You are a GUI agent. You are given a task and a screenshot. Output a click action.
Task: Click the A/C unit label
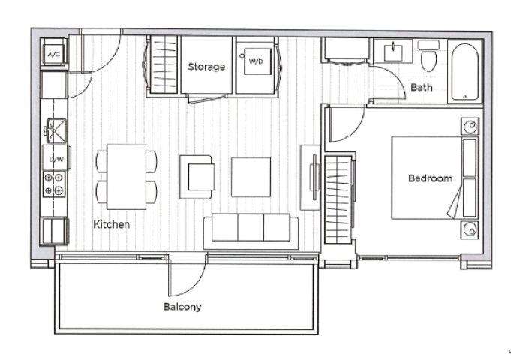tap(54, 54)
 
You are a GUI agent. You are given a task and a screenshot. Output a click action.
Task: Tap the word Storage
tap(206, 67)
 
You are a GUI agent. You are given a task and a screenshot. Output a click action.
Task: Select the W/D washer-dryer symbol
tap(257, 61)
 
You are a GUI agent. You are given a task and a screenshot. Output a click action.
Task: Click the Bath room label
tap(422, 87)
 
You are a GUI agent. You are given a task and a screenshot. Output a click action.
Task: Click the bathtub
tap(465, 72)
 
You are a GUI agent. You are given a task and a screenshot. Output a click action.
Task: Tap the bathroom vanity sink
tap(393, 53)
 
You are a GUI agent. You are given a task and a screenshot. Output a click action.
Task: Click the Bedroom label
tap(430, 178)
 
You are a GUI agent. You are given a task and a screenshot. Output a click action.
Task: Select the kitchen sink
tap(56, 131)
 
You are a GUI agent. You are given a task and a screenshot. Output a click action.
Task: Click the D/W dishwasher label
tap(56, 160)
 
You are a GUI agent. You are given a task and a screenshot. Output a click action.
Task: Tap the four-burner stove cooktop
tap(54, 184)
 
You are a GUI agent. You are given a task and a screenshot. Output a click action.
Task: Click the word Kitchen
tap(112, 224)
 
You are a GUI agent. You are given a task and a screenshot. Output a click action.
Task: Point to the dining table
tap(127, 177)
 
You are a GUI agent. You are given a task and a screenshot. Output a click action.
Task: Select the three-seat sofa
tap(251, 232)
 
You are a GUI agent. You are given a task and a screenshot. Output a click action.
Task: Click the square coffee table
tap(251, 177)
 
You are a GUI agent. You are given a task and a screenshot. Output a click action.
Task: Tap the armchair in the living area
tap(197, 177)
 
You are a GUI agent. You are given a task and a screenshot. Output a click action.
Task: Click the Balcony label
tap(182, 307)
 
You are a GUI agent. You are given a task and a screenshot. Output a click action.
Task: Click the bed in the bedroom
tap(434, 178)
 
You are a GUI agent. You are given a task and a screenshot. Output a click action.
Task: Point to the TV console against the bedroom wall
tap(310, 178)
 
